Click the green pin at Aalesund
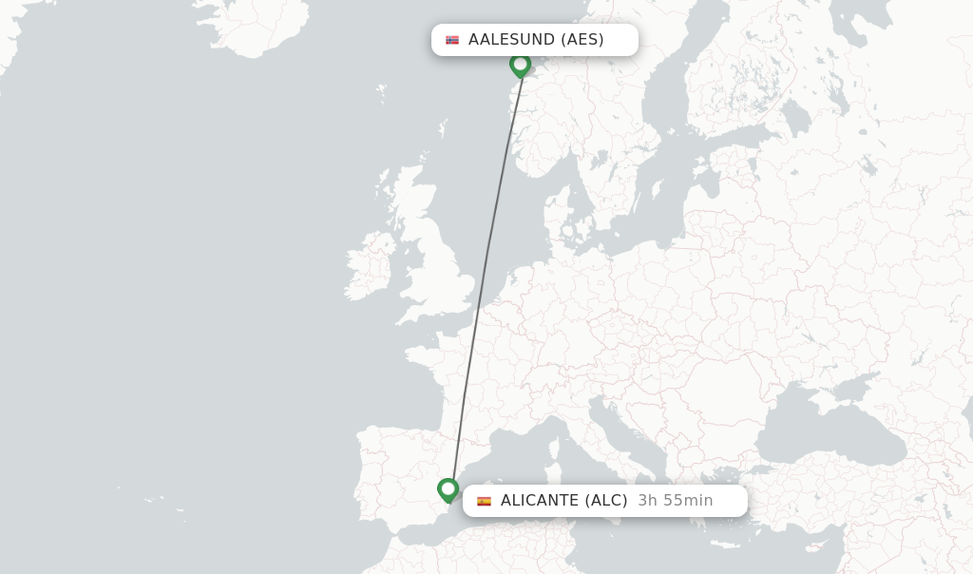tap(520, 65)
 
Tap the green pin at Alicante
tap(448, 489)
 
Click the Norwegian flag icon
tap(452, 40)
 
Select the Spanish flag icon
tap(484, 501)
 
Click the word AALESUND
tap(511, 40)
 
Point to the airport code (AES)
tap(582, 40)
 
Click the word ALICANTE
tap(540, 501)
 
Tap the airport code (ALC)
tap(605, 501)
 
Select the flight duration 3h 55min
tap(675, 501)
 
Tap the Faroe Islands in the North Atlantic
tap(381, 93)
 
